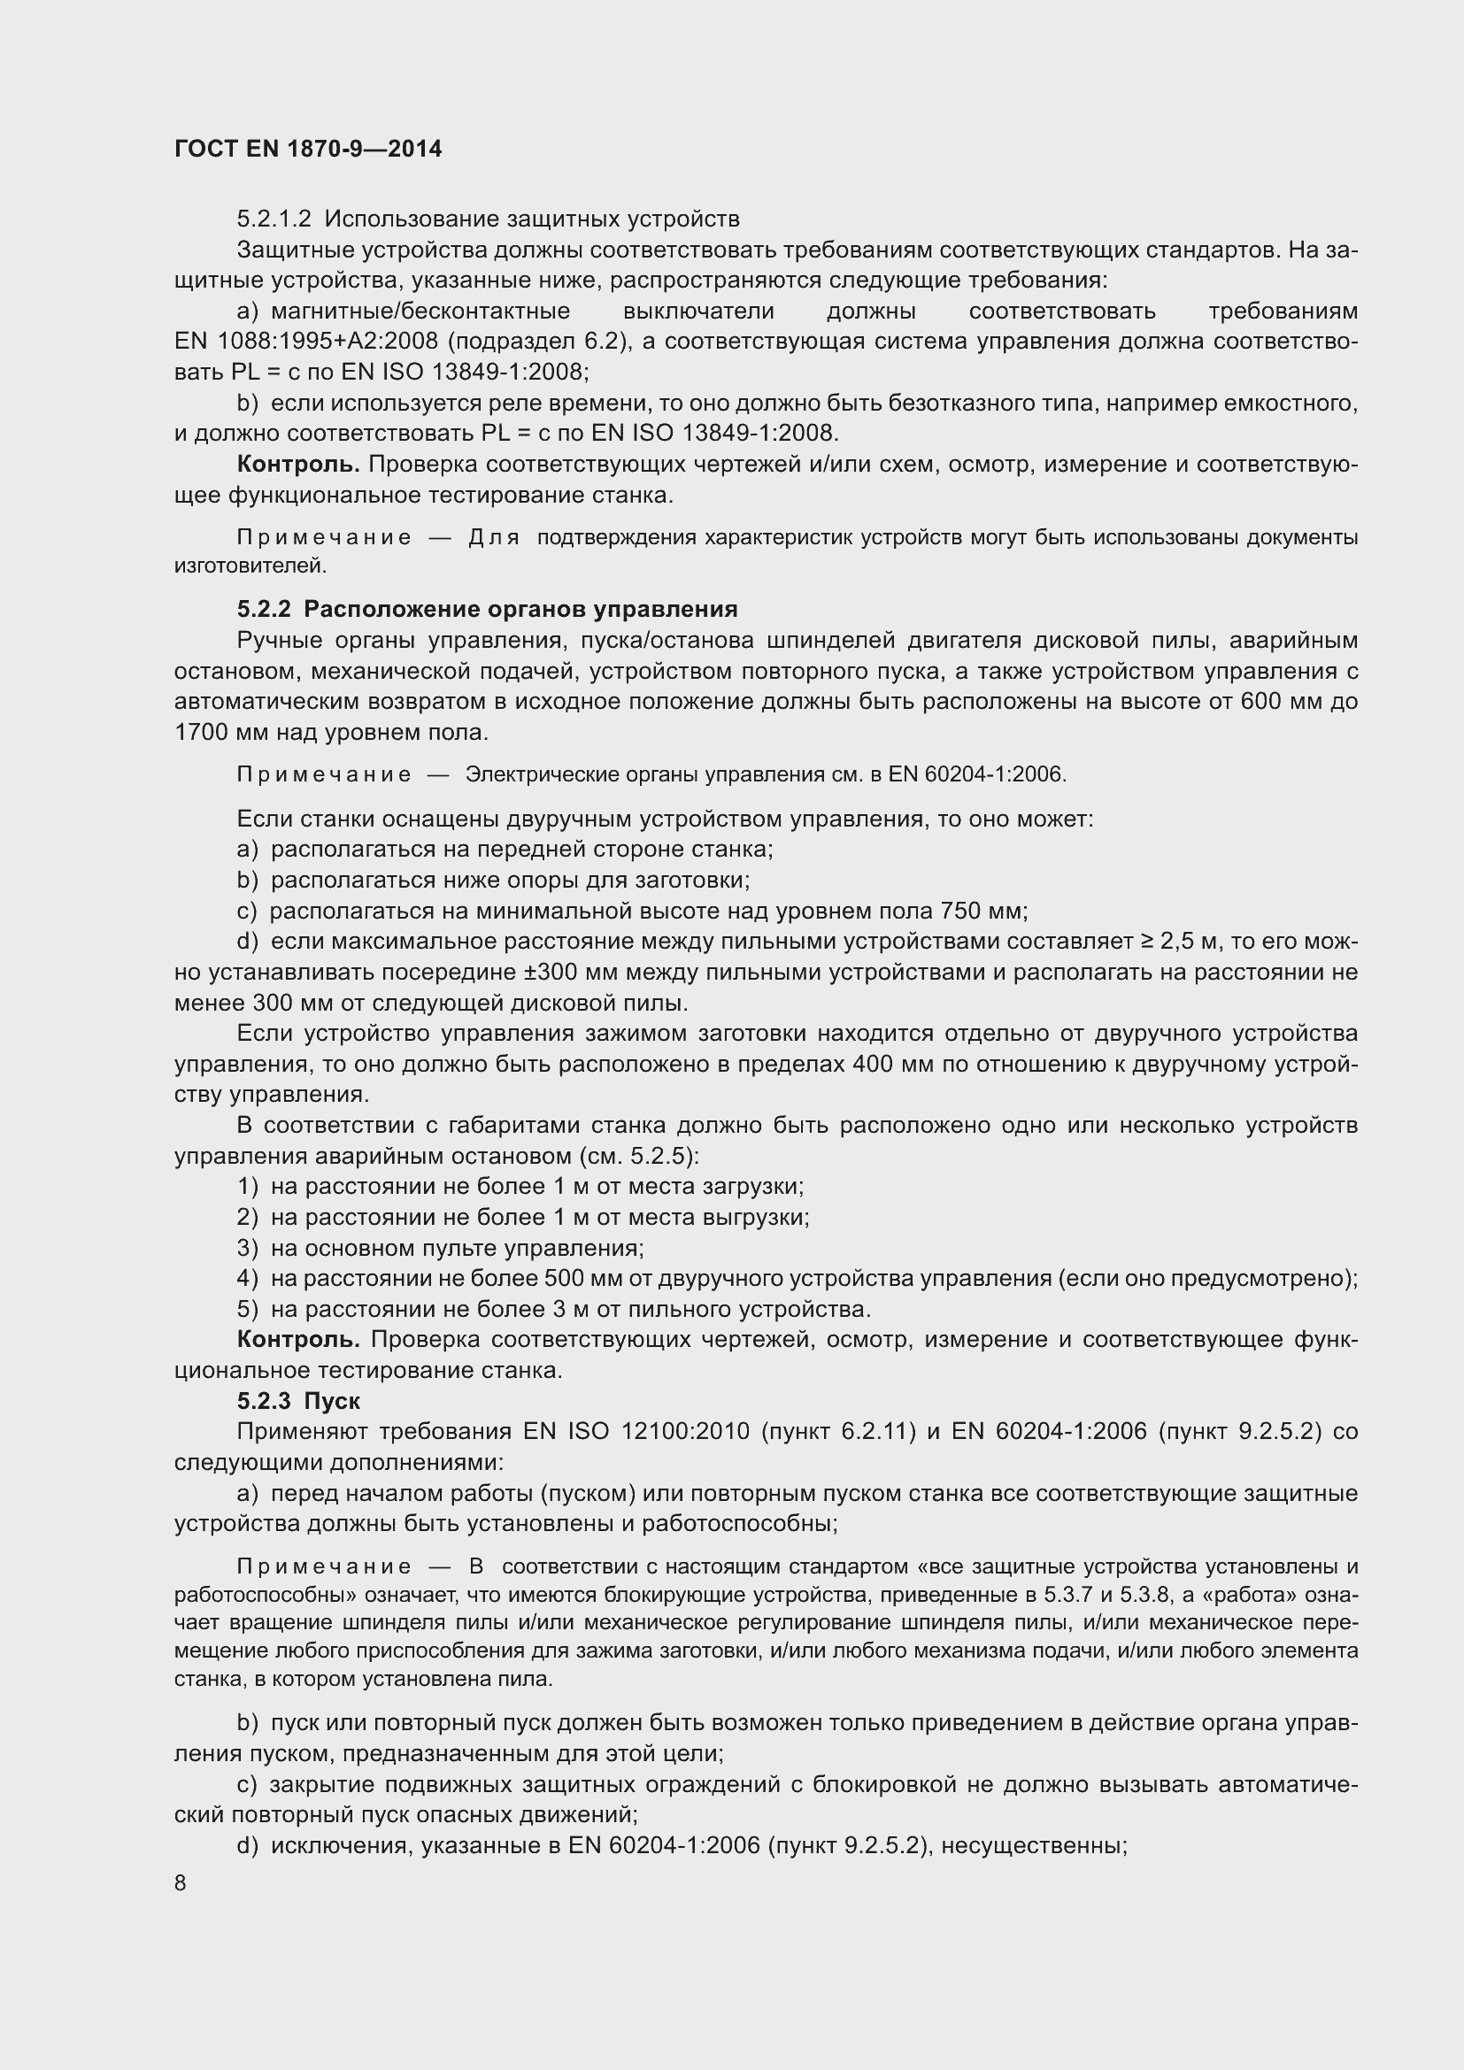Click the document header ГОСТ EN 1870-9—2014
tap(307, 149)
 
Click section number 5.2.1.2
tap(274, 219)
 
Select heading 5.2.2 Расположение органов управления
tap(487, 610)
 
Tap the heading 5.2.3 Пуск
tap(298, 1400)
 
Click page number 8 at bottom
tap(181, 1882)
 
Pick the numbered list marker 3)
tap(248, 1248)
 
